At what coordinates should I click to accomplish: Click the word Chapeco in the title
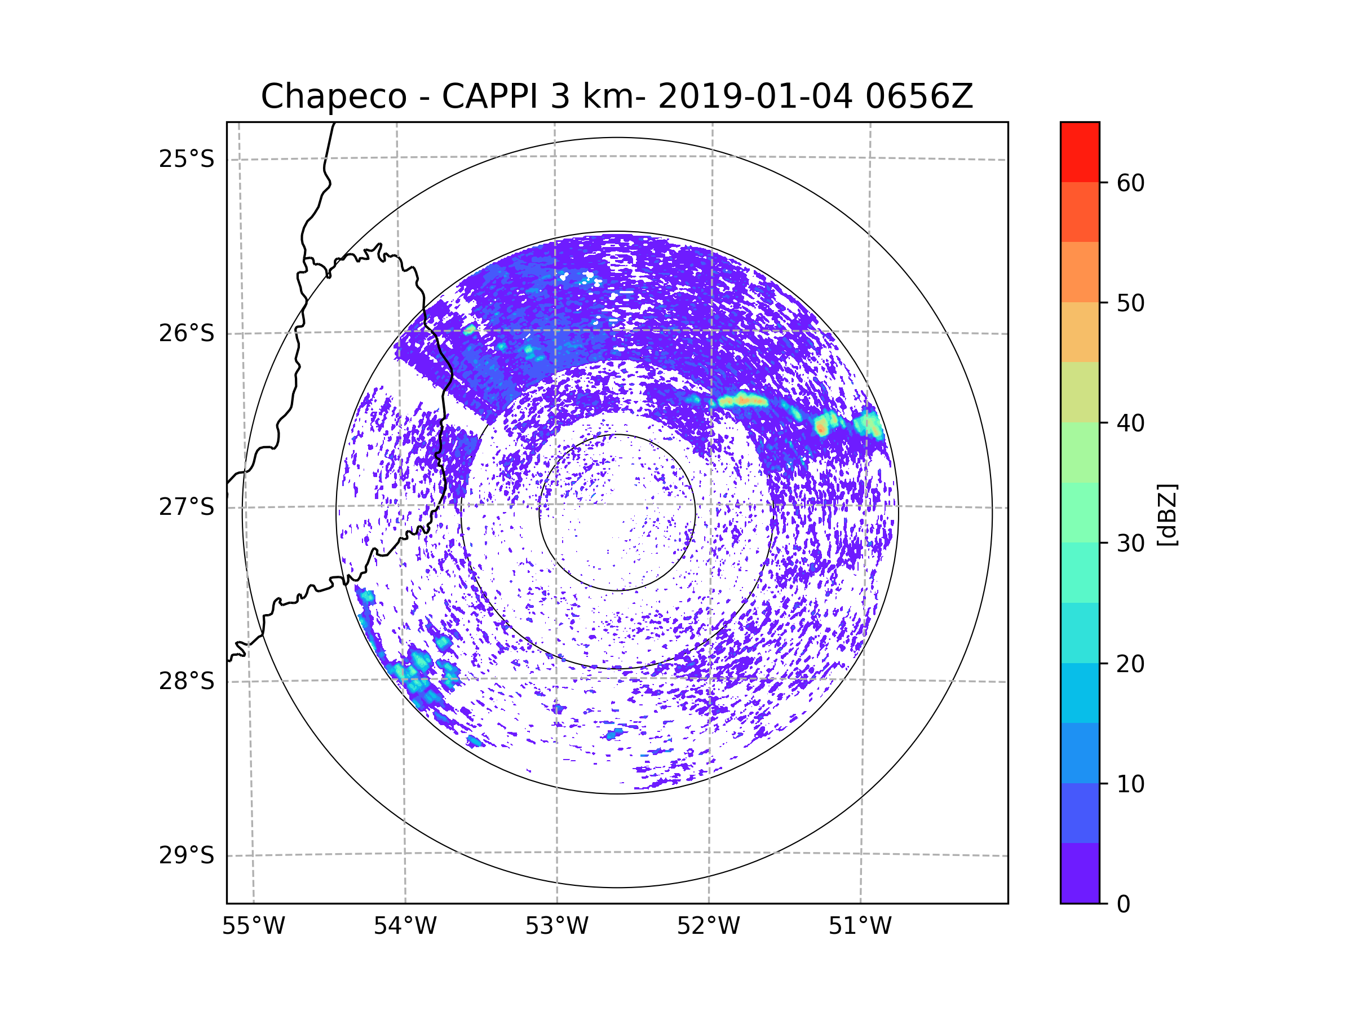point(333,96)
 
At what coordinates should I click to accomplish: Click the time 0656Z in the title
point(919,96)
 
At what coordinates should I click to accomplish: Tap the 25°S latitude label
point(187,159)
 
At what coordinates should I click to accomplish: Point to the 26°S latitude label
point(187,333)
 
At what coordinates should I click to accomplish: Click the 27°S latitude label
point(187,507)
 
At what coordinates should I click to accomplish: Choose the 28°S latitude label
point(187,681)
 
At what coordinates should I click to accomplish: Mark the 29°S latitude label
point(187,855)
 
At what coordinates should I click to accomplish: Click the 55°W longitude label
point(253,926)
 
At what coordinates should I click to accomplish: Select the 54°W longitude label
point(405,926)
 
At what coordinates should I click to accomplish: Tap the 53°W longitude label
point(556,926)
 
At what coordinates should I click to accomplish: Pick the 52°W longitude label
point(708,926)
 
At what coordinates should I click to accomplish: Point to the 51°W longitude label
point(860,926)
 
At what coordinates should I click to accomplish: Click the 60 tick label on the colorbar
point(1130,183)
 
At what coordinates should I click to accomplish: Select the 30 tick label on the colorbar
point(1130,543)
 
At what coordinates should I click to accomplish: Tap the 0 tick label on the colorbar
point(1124,904)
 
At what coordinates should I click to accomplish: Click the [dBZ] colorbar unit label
point(1167,514)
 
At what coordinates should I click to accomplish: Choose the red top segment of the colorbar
point(1080,152)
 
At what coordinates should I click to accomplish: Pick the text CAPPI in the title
point(489,96)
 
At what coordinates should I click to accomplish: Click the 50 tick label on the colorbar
point(1130,303)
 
